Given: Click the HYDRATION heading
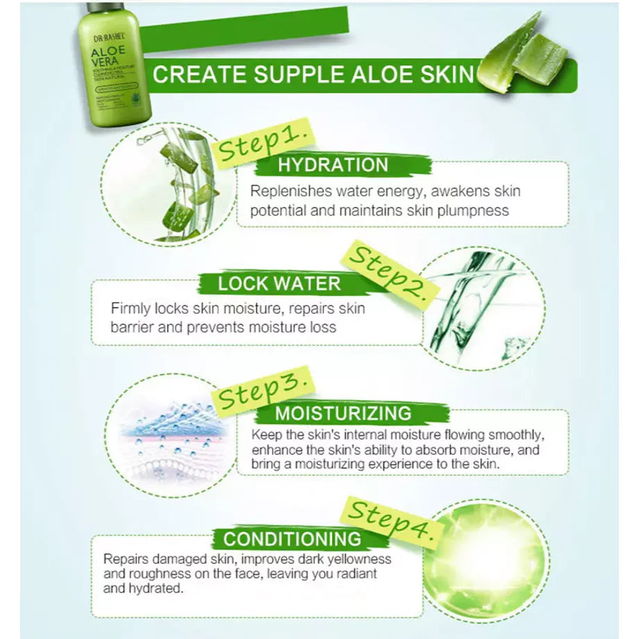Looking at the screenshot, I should [x=333, y=165].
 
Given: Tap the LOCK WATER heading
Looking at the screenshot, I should [x=279, y=283].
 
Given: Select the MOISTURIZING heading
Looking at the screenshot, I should [x=343, y=414].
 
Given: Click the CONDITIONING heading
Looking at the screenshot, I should [x=292, y=539].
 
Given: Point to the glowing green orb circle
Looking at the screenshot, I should [x=486, y=559].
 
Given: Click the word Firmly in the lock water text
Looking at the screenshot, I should [x=133, y=308].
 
